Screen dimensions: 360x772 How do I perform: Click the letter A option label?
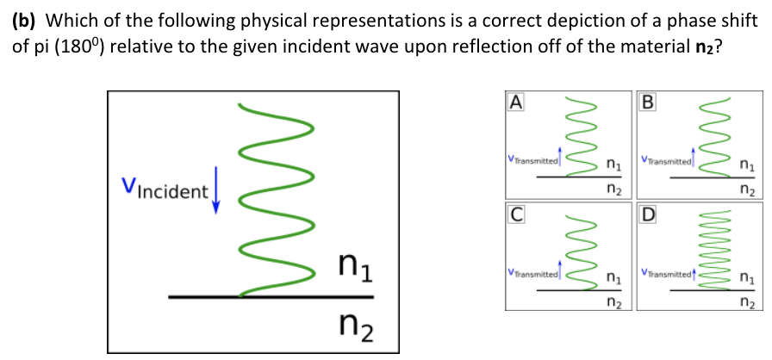point(515,102)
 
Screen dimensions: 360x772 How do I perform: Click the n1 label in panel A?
point(612,163)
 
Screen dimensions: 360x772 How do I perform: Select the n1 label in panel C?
point(612,277)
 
